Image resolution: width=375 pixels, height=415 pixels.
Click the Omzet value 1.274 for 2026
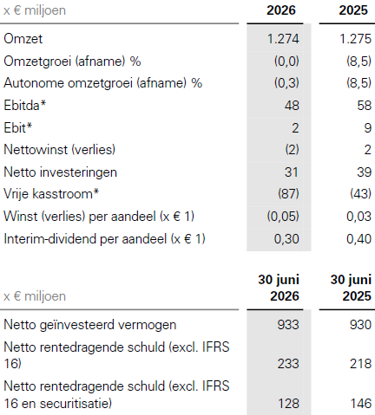tap(283, 39)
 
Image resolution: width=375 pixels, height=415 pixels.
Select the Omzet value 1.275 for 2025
tap(355, 39)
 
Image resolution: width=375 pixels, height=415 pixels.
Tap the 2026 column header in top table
tap(281, 10)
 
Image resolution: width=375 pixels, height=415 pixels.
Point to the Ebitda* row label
tap(25, 105)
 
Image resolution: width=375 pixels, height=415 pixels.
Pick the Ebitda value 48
tap(292, 105)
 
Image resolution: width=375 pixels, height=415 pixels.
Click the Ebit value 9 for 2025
tap(367, 127)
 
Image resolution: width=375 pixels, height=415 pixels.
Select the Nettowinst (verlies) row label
tap(60, 150)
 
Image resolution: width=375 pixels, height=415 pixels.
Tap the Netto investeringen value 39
tap(364, 172)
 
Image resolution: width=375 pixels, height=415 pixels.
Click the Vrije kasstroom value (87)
tap(288, 193)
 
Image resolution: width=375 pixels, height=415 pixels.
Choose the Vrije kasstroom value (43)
tap(360, 193)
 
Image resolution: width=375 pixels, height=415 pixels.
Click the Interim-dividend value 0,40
tap(359, 239)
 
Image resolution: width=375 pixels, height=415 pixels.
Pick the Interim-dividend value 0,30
tap(286, 239)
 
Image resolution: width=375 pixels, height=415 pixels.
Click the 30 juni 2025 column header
tap(351, 288)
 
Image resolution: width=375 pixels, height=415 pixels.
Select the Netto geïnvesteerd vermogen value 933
tap(288, 325)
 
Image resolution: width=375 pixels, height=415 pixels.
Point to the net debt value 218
tap(360, 364)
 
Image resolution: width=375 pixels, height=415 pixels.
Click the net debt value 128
tap(288, 403)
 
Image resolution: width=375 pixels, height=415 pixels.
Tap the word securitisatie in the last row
tap(76, 404)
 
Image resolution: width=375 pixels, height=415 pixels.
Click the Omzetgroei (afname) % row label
tap(72, 62)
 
